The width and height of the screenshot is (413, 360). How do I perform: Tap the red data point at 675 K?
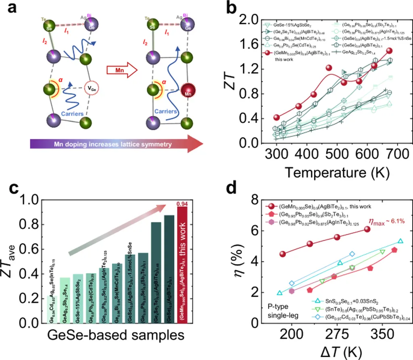click(389, 51)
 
